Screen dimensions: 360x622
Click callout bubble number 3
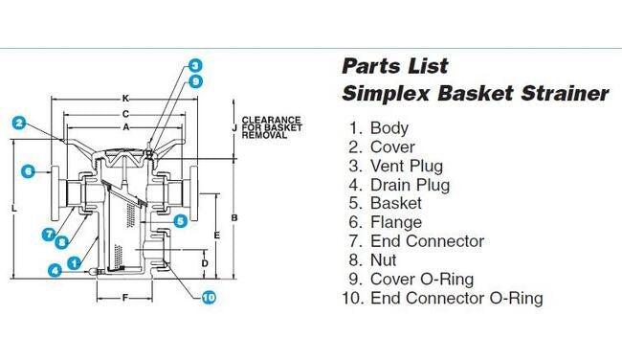(194, 66)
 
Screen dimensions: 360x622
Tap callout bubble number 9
(194, 81)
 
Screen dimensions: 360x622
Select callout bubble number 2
(17, 123)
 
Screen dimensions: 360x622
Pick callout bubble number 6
(28, 171)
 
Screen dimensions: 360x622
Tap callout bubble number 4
(56, 271)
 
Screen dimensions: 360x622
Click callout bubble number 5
(179, 221)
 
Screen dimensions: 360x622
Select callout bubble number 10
(209, 297)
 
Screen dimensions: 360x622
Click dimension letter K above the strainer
(126, 99)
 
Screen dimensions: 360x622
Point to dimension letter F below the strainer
(125, 297)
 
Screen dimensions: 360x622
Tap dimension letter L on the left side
(9, 208)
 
